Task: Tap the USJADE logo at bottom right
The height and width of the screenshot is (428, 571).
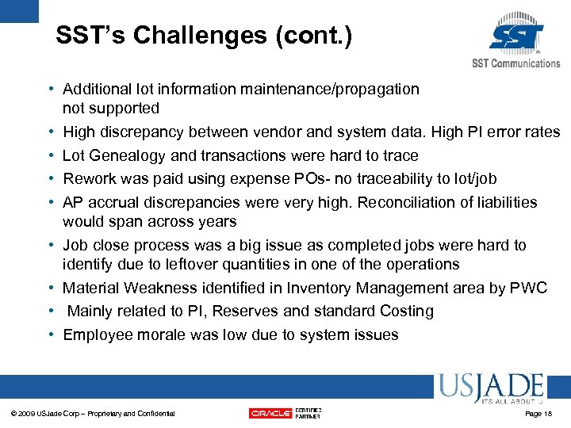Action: [x=489, y=388]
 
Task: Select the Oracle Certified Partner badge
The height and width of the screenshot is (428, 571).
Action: [x=285, y=412]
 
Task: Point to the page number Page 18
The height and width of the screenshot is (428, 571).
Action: [x=538, y=414]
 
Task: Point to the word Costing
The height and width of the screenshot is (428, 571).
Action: [x=407, y=311]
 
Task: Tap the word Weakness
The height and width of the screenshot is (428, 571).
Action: [x=156, y=288]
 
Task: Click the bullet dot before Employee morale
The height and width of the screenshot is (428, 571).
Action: [x=50, y=335]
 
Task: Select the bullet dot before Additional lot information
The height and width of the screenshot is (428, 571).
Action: [x=50, y=90]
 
